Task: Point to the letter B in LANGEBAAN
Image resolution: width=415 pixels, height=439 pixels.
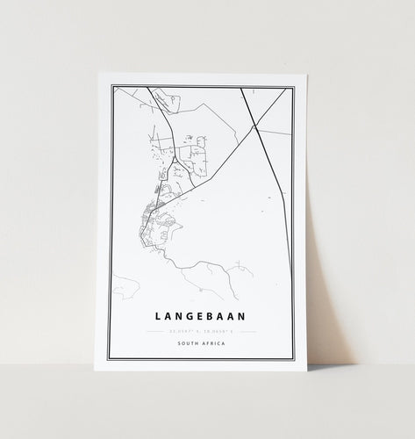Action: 204,311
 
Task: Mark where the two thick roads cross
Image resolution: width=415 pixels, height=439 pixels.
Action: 254,126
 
